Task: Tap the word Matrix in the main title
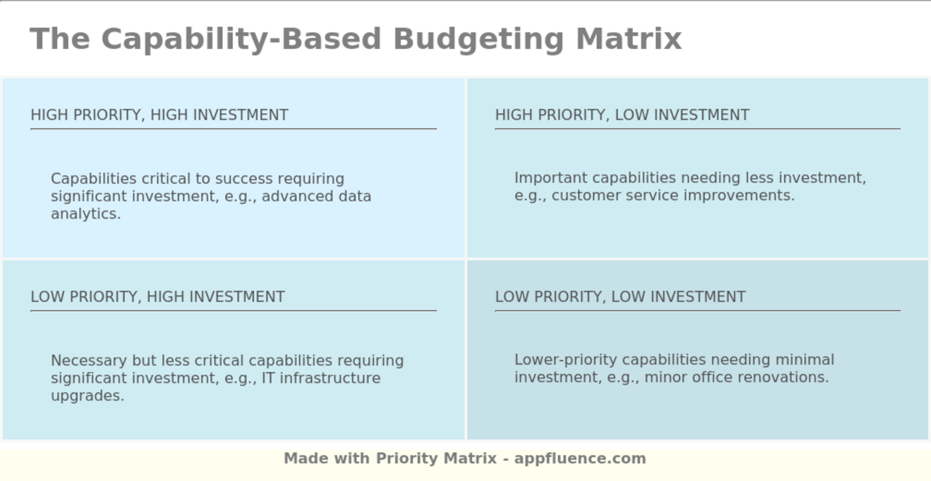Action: click(x=628, y=39)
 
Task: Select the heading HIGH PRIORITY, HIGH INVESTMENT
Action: click(x=160, y=115)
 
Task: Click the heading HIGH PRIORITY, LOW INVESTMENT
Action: click(x=622, y=115)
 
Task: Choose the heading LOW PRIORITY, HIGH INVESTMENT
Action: click(x=158, y=297)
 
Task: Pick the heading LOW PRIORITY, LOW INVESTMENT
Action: click(x=620, y=297)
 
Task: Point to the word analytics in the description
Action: click(x=86, y=214)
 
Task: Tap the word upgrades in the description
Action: click(x=87, y=396)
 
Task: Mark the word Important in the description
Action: click(x=551, y=178)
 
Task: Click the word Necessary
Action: click(x=88, y=361)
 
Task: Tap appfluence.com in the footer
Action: click(x=580, y=458)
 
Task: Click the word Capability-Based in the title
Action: click(x=241, y=39)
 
